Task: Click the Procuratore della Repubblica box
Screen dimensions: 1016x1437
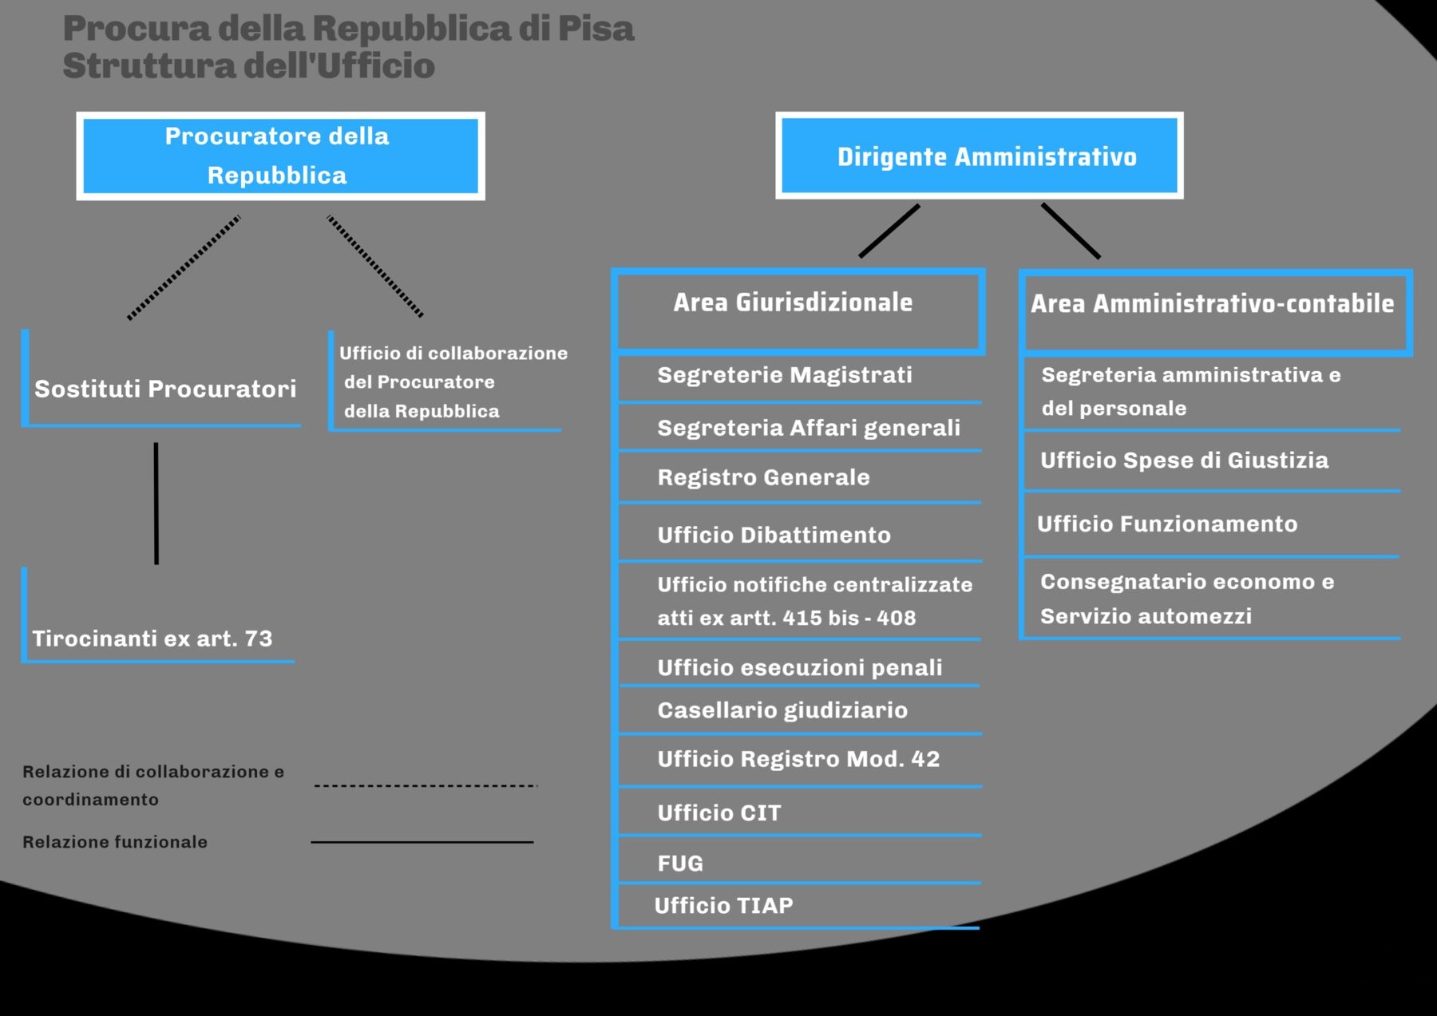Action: point(280,156)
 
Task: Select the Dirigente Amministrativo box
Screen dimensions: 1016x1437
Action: point(979,156)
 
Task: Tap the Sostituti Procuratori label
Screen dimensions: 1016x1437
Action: point(165,389)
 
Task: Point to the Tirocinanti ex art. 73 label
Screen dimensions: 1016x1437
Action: point(152,638)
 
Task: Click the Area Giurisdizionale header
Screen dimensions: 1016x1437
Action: point(793,302)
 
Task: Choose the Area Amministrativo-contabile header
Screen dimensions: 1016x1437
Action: point(1212,304)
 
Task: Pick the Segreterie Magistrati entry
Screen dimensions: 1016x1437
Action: point(785,375)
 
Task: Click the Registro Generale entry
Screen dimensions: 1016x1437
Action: point(763,477)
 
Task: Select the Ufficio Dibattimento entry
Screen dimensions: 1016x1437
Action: point(774,535)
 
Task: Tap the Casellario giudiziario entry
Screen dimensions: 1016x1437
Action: point(782,710)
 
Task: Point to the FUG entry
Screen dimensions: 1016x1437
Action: point(680,864)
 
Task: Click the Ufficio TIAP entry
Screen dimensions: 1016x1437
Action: point(723,906)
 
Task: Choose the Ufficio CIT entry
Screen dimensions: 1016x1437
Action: point(719,813)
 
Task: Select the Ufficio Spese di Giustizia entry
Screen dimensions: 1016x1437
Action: point(1184,461)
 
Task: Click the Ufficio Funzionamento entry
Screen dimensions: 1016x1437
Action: point(1167,524)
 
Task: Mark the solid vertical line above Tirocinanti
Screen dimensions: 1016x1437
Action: point(156,503)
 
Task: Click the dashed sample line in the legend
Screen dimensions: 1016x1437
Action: point(426,786)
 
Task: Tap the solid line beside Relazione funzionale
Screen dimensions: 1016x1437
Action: point(422,842)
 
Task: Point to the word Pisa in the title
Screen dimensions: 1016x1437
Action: point(596,29)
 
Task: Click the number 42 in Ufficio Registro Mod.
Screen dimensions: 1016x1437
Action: point(925,759)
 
